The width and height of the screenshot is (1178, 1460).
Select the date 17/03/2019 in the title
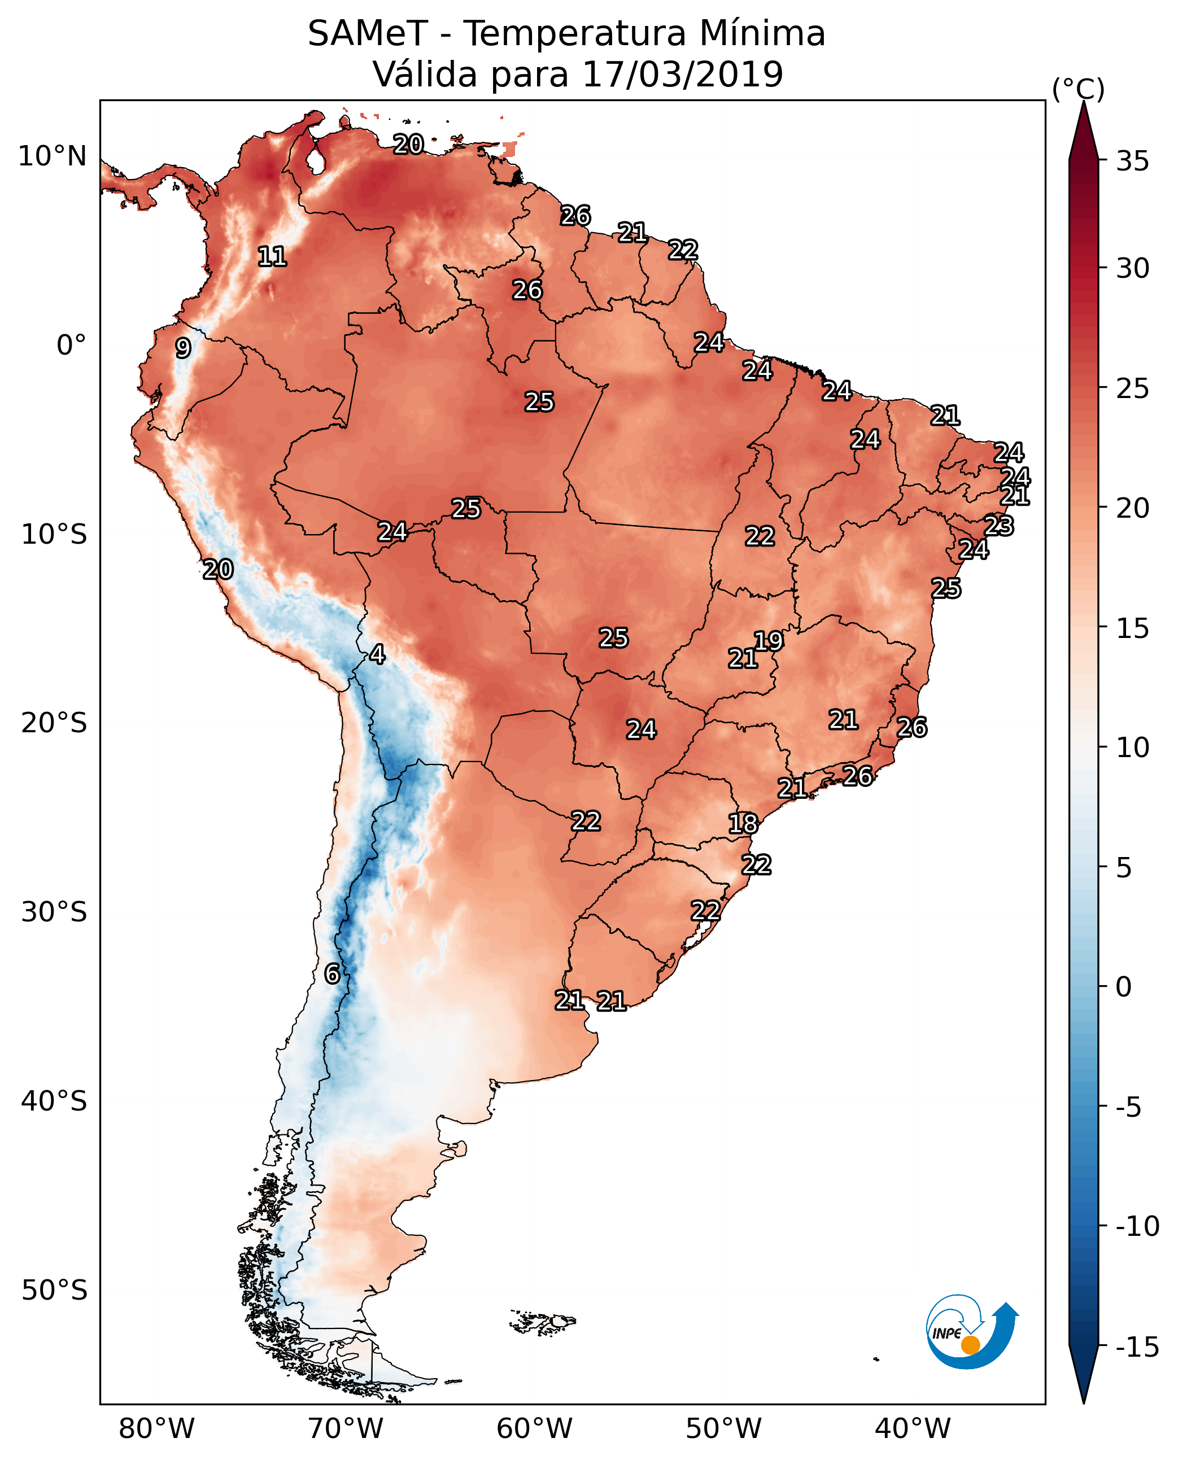point(683,75)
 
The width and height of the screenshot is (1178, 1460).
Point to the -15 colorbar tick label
point(1137,1348)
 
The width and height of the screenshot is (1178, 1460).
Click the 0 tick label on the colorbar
point(1124,987)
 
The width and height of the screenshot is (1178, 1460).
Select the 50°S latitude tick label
point(54,1289)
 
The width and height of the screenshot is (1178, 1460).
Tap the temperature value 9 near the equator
point(183,348)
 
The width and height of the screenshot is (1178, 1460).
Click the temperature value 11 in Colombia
point(272,256)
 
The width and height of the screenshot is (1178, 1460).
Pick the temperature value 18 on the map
point(743,824)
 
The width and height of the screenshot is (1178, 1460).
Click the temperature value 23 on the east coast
point(999,526)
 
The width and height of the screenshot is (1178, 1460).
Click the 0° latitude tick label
point(71,346)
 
